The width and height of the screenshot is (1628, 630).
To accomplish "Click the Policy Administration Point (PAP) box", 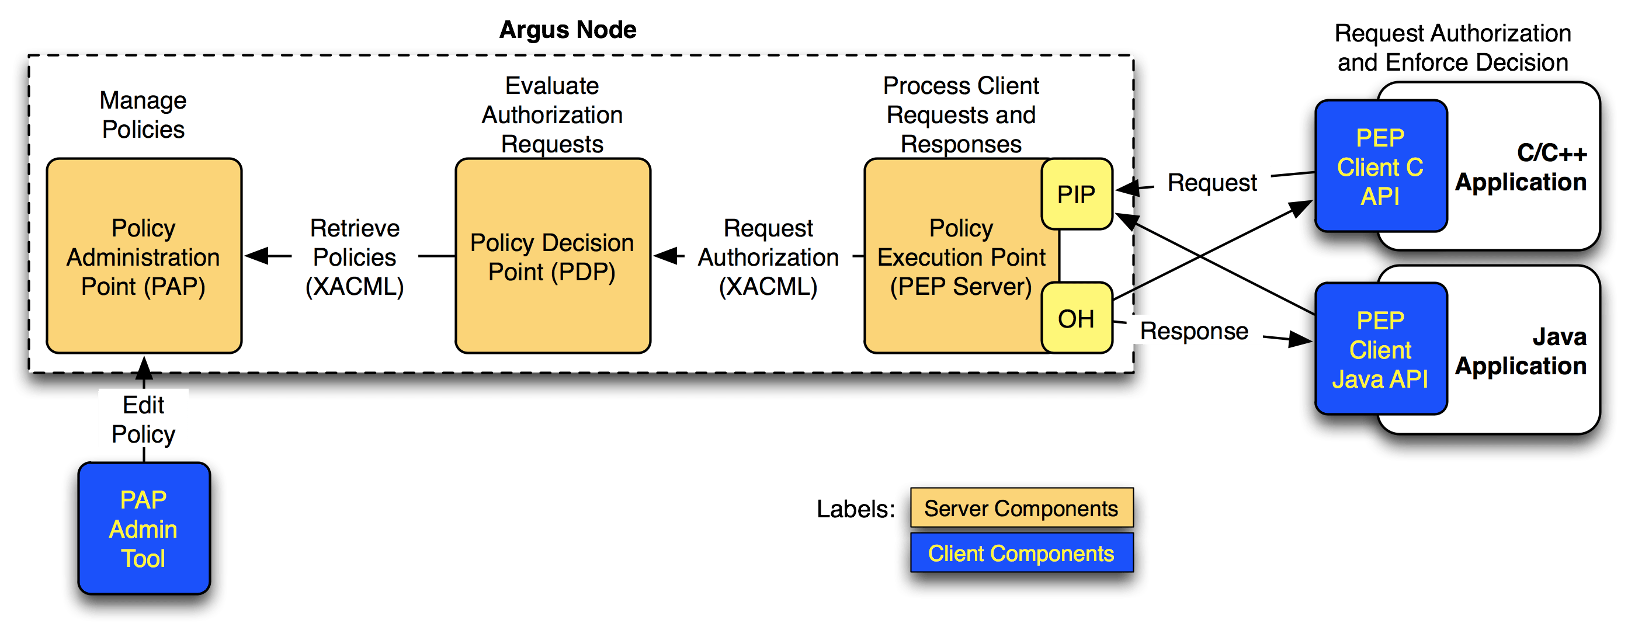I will click(144, 256).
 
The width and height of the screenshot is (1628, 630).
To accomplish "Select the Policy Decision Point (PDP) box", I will click(553, 256).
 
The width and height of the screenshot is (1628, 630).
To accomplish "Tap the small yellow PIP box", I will click(1076, 194).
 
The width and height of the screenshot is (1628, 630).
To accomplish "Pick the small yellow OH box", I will click(1076, 318).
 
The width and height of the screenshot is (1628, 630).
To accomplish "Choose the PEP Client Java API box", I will click(1381, 349).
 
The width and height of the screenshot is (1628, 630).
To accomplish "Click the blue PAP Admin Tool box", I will click(144, 529).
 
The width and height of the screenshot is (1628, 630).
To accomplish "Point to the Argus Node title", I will click(568, 30).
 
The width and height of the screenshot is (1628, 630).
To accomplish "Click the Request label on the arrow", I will click(1212, 183).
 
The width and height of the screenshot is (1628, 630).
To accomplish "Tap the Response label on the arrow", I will click(1194, 330).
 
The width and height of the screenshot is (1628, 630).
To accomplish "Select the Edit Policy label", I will click(144, 419).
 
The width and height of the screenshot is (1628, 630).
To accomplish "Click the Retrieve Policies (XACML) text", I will click(355, 257).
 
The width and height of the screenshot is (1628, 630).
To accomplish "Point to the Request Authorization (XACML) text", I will click(768, 257).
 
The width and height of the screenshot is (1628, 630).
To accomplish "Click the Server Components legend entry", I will click(1020, 508).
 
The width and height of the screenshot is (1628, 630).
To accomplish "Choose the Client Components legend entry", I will click(1020, 554).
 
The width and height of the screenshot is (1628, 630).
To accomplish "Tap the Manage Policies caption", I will click(144, 115).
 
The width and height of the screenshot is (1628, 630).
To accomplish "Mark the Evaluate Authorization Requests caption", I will click(553, 115).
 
